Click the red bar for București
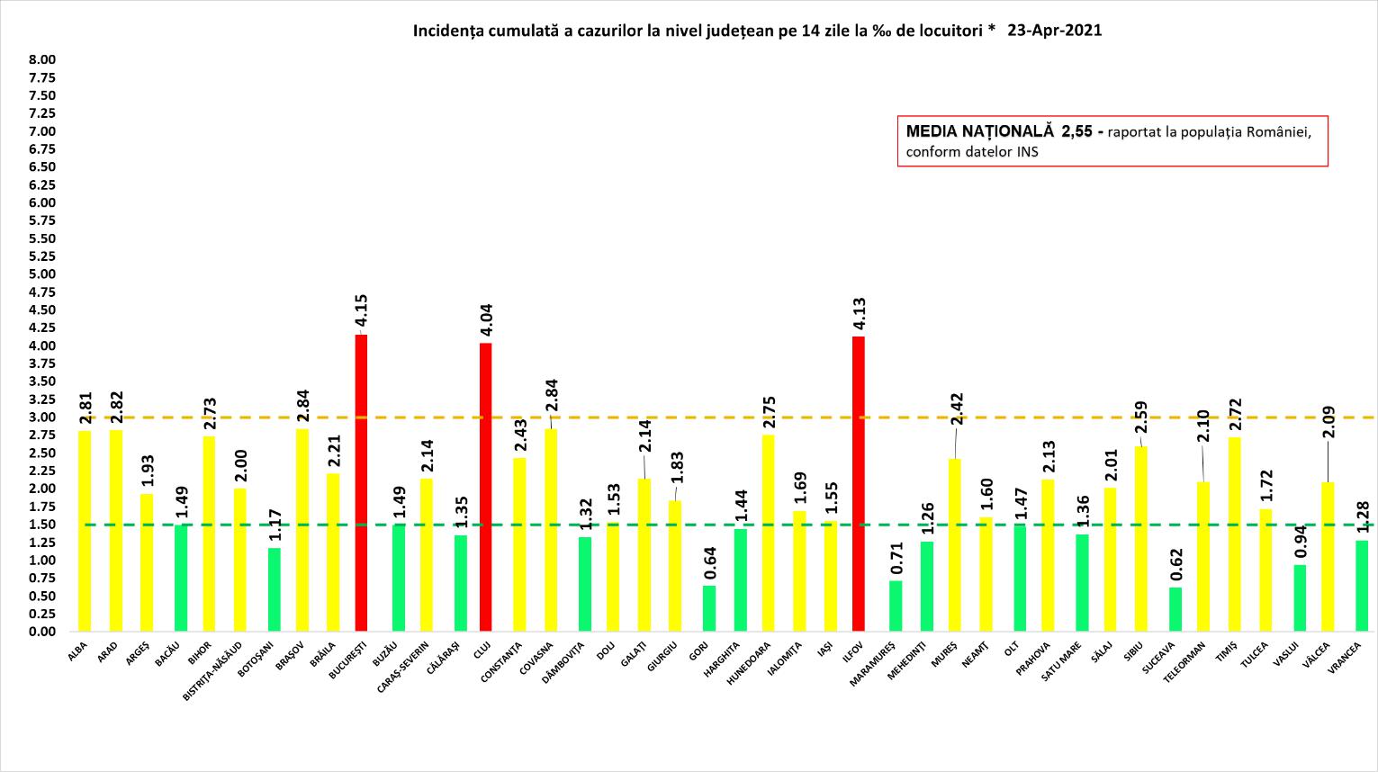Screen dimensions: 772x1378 (362, 482)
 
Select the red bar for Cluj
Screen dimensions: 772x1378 (486, 487)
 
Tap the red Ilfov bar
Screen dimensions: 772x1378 (859, 483)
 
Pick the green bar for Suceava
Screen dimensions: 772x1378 (1175, 609)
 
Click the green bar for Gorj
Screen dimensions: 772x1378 (709, 608)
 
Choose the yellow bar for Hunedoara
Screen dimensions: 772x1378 (768, 533)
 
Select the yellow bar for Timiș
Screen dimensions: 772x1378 (1234, 534)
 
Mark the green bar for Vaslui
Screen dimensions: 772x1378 (1300, 597)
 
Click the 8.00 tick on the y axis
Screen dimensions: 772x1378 (42, 59)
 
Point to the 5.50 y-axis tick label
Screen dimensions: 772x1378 (42, 238)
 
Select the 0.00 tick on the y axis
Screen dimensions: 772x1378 (42, 632)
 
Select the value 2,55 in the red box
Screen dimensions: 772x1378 (1076, 131)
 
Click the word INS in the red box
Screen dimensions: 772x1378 (1027, 152)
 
